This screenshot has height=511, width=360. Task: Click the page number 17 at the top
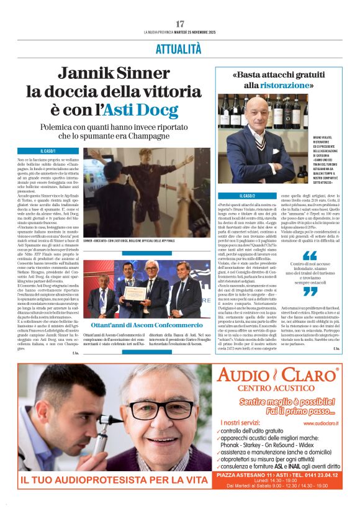click(180, 24)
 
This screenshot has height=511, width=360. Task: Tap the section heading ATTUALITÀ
click(180, 48)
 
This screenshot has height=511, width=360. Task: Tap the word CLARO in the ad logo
click(308, 375)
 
